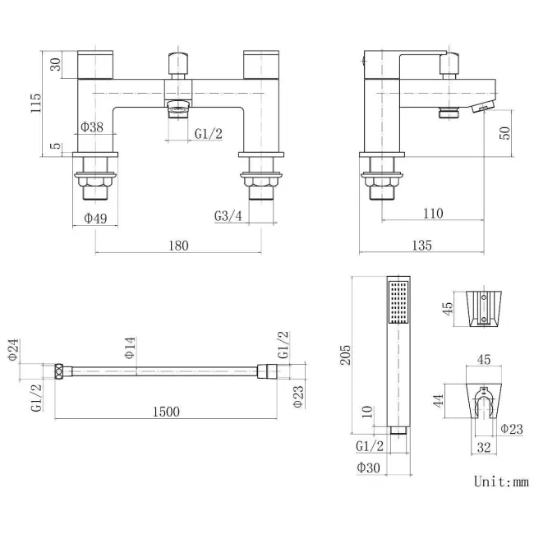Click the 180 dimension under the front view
click(x=178, y=246)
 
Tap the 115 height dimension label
click(x=36, y=103)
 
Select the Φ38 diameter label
click(x=92, y=127)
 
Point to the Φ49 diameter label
click(x=95, y=218)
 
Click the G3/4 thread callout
click(x=228, y=215)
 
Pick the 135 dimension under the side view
click(x=421, y=245)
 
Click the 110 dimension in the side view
click(x=433, y=214)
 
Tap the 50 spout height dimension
click(x=505, y=133)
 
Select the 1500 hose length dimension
click(x=166, y=412)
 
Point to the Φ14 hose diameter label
click(x=130, y=348)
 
